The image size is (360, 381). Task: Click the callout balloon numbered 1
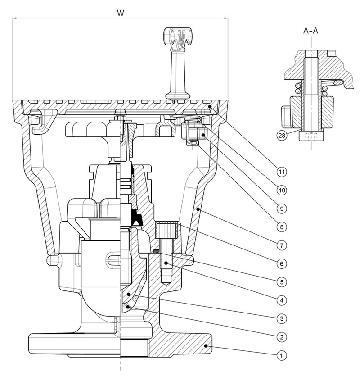(x=282, y=355)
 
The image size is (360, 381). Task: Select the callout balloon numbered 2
(x=282, y=337)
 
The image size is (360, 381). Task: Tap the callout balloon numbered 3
(x=282, y=318)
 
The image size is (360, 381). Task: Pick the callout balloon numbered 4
(x=282, y=300)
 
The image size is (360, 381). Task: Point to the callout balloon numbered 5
(x=282, y=282)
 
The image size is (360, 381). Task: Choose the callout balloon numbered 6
(x=282, y=263)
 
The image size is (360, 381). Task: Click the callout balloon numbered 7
(x=282, y=245)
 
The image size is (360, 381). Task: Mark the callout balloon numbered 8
(x=282, y=227)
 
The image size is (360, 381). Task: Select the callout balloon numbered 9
(x=282, y=209)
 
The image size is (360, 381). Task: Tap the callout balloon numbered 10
(x=282, y=190)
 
